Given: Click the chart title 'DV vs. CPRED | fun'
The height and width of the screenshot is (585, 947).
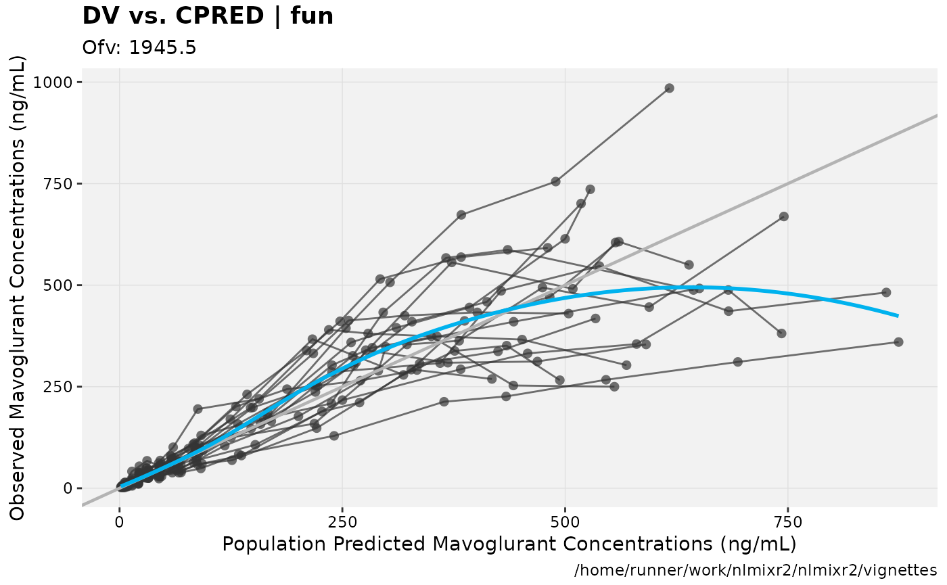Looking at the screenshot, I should [208, 16].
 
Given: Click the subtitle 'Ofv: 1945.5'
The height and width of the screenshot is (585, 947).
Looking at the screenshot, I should [139, 48].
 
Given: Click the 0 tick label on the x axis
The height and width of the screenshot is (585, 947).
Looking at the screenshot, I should [120, 522].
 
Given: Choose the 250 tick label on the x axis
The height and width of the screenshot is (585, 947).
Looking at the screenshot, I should [342, 522].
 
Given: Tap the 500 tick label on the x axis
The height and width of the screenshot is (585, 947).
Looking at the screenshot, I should [565, 522].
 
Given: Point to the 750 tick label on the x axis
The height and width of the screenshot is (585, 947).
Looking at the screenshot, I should [788, 522].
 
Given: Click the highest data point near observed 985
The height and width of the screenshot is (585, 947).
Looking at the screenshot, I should [669, 88].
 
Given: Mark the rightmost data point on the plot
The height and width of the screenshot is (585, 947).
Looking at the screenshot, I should [898, 342].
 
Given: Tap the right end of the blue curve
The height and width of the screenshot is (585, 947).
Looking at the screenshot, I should [898, 316].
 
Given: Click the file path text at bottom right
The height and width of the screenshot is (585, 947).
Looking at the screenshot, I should [756, 570].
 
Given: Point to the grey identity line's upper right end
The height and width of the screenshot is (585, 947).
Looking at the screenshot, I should [936, 116].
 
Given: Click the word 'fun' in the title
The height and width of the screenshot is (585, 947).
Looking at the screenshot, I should [313, 16].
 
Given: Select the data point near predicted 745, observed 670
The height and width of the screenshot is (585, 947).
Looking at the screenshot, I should [784, 216].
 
